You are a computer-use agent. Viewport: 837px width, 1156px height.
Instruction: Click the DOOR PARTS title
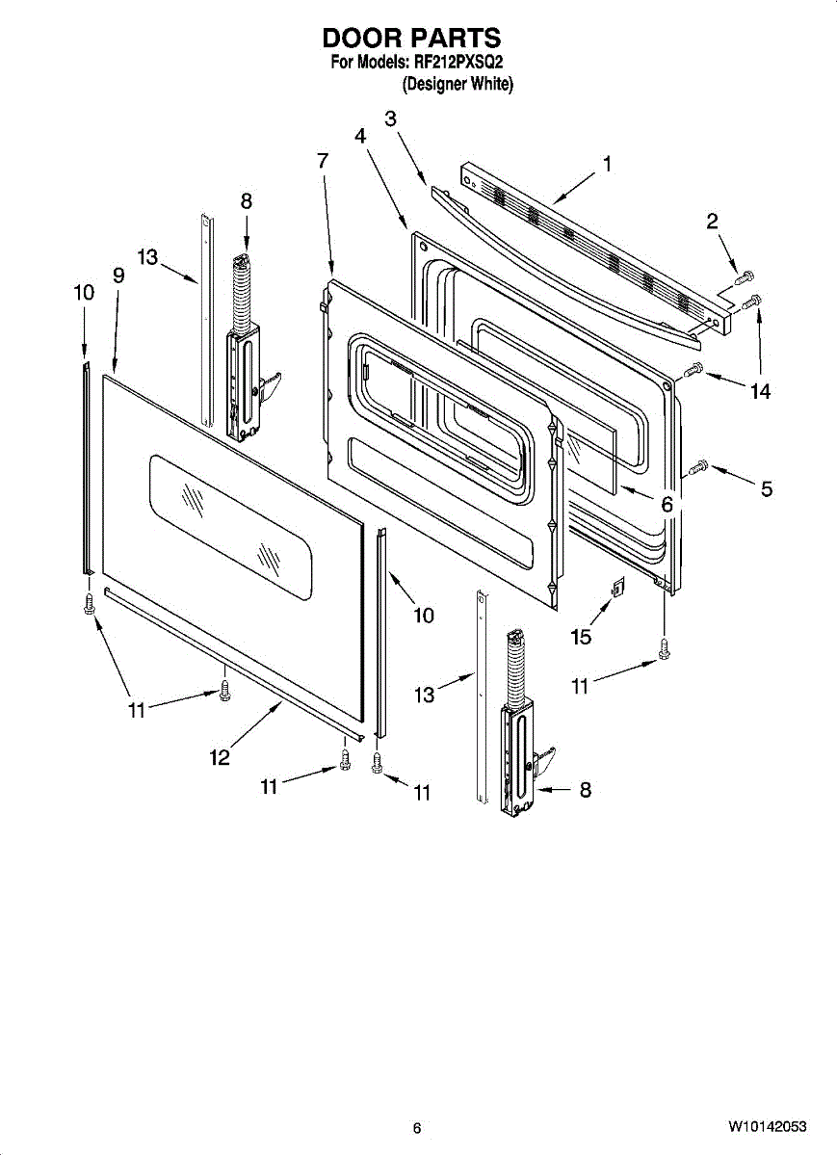coord(411,38)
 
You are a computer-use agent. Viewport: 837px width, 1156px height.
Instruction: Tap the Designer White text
coord(458,84)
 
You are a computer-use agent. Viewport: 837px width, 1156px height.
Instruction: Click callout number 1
coord(607,164)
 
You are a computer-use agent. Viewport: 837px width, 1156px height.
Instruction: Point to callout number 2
coord(712,222)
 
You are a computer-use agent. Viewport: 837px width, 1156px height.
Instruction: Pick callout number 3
coord(390,118)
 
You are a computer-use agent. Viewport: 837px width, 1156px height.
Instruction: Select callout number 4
coord(359,136)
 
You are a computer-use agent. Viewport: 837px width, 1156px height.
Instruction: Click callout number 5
coord(766,488)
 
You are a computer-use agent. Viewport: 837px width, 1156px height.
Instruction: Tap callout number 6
coord(666,504)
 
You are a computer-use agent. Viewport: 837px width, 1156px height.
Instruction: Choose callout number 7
coord(323,161)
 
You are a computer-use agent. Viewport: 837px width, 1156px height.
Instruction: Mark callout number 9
coord(118,276)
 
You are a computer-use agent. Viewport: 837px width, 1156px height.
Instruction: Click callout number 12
coord(220,757)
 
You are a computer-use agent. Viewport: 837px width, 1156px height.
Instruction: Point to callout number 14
coord(760,390)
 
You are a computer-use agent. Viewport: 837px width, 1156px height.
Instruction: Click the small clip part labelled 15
coord(619,585)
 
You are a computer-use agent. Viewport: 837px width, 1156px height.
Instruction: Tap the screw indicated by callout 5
coord(700,468)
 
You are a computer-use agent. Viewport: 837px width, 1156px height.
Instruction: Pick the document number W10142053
coord(767,1127)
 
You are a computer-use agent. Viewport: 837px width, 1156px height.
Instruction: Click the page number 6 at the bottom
coord(416,1128)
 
